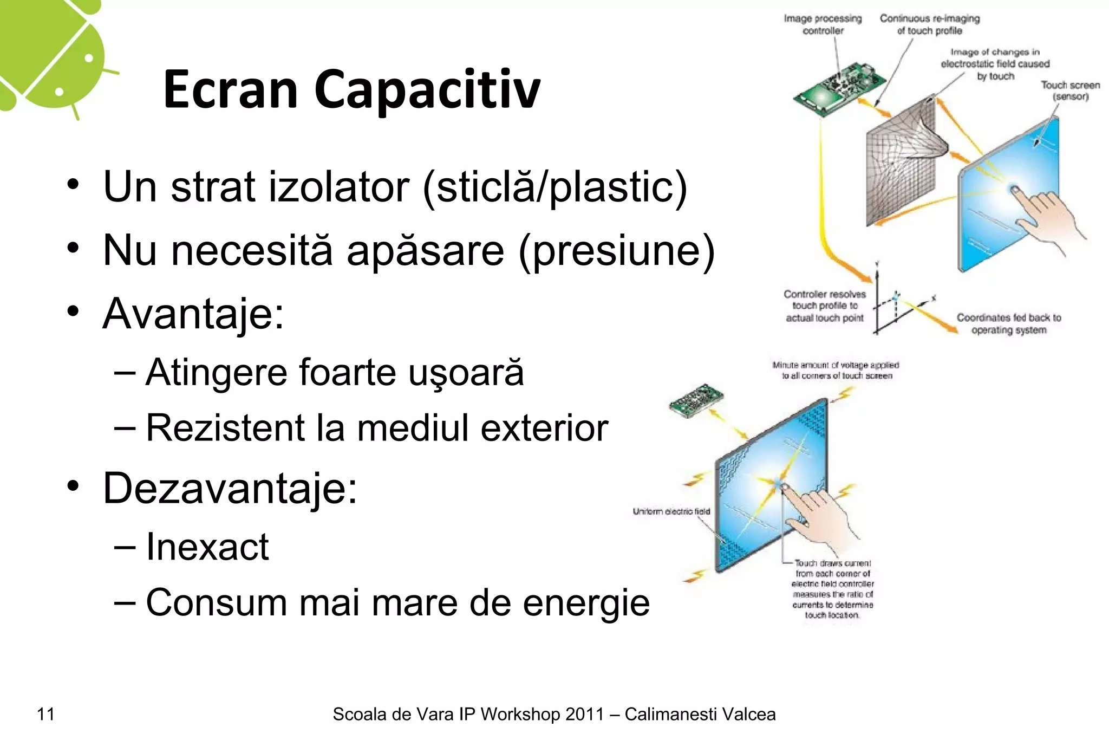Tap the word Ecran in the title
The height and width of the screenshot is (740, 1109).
pos(231,90)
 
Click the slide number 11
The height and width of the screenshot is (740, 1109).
pos(46,715)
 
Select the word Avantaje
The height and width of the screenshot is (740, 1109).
pos(192,314)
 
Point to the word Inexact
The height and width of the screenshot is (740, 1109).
pos(207,547)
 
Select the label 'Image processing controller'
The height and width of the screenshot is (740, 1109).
pos(823,25)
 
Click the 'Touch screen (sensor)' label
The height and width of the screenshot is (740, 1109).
pos(1070,91)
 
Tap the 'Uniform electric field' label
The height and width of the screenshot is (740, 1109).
pos(671,511)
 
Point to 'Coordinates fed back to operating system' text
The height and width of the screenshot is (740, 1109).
pos(1008,324)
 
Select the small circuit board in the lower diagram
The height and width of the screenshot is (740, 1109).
pos(696,400)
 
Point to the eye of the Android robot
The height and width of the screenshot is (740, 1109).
pos(89,57)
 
